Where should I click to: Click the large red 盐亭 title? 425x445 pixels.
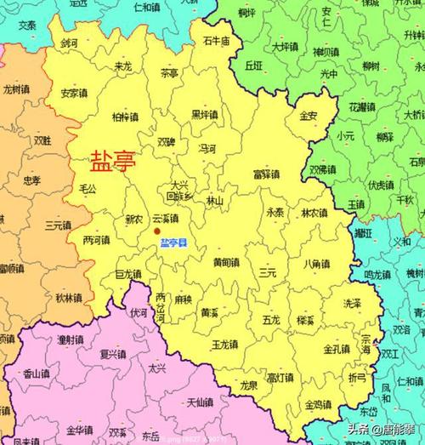112,160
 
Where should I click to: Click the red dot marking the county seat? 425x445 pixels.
156,231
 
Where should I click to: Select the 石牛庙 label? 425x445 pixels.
216,41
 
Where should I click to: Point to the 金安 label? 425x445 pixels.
309,115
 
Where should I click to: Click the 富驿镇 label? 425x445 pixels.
266,174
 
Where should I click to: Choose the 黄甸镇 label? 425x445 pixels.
225,262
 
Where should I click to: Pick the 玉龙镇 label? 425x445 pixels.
224,344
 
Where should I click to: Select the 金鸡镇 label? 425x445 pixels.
319,404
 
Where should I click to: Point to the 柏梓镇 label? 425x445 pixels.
126,117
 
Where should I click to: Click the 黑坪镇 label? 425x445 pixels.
204,114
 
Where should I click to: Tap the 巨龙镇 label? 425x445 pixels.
127,274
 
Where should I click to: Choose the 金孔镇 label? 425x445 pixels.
337,349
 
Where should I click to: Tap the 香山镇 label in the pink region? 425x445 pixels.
36,373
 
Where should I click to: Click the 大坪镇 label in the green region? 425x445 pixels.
285,46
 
